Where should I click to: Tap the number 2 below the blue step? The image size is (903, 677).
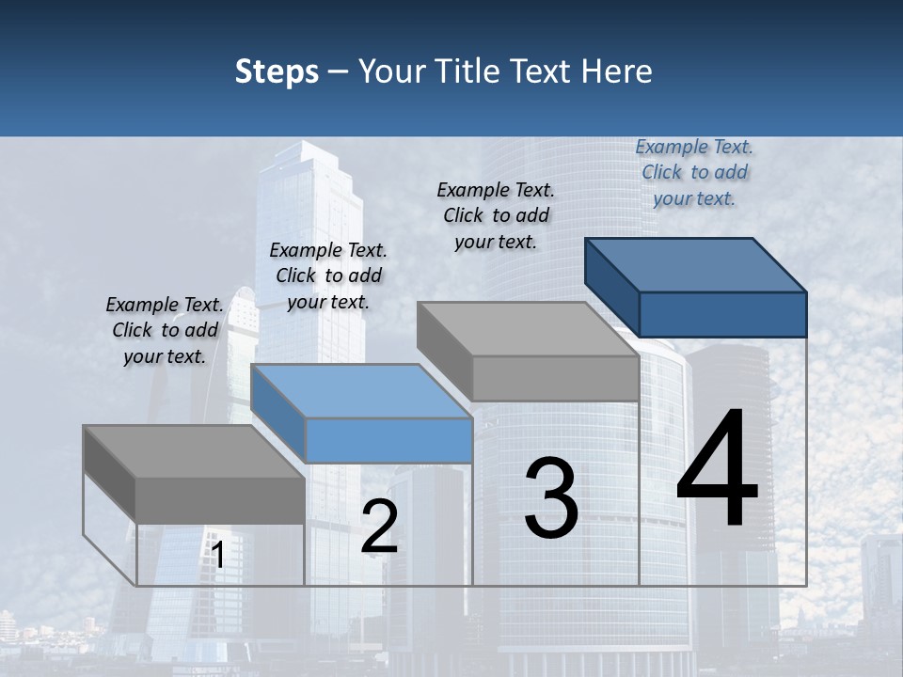tap(379, 527)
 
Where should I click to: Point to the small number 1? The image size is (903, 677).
tap(217, 556)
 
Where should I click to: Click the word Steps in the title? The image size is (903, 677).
tap(277, 71)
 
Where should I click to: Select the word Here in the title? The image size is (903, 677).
tap(617, 71)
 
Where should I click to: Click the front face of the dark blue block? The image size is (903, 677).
tap(722, 314)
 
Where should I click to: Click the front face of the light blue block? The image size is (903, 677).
tap(389, 440)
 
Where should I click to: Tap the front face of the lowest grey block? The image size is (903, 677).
tap(220, 500)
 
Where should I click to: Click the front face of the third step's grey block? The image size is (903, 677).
tap(555, 379)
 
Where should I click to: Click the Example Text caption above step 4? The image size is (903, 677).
tap(694, 172)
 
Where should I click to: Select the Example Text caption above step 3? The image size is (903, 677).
tap(496, 215)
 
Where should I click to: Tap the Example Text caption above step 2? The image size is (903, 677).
tap(328, 276)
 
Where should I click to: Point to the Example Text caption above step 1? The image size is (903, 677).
tap(165, 330)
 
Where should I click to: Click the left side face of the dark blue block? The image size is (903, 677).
tap(611, 286)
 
